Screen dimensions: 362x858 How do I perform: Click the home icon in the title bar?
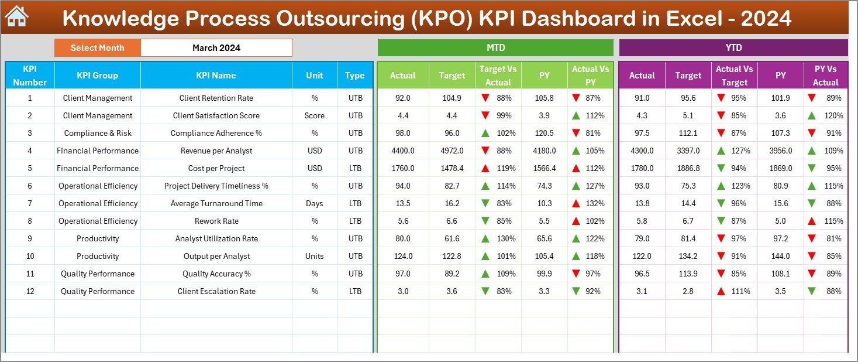tap(16, 17)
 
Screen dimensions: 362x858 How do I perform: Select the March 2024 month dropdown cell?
tap(216, 48)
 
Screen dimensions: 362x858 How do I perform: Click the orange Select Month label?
tap(97, 48)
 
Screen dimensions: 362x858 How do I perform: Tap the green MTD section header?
tap(495, 48)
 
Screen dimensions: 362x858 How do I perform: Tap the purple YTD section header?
tap(733, 48)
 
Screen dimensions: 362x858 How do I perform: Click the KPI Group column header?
tap(97, 75)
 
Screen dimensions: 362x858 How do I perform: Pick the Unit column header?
tap(314, 75)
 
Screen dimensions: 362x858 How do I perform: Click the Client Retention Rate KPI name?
tap(216, 98)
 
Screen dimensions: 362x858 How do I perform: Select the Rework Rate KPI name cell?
tap(216, 221)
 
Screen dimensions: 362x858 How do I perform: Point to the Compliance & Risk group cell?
tap(97, 133)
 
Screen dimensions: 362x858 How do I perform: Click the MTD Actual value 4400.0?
tap(403, 151)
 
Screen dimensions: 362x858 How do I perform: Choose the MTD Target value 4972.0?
tap(452, 151)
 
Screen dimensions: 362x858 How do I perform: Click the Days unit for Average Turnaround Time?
tap(314, 203)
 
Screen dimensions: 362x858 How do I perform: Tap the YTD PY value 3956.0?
tap(780, 151)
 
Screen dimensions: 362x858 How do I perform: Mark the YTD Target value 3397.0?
tap(688, 151)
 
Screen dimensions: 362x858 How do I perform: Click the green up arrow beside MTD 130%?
tap(485, 238)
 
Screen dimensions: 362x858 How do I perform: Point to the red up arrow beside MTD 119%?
tap(485, 168)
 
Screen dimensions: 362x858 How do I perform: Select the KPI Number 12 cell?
tap(30, 291)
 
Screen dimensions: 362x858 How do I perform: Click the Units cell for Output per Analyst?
tap(314, 256)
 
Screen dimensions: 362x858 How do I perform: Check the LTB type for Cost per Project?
tap(355, 168)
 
